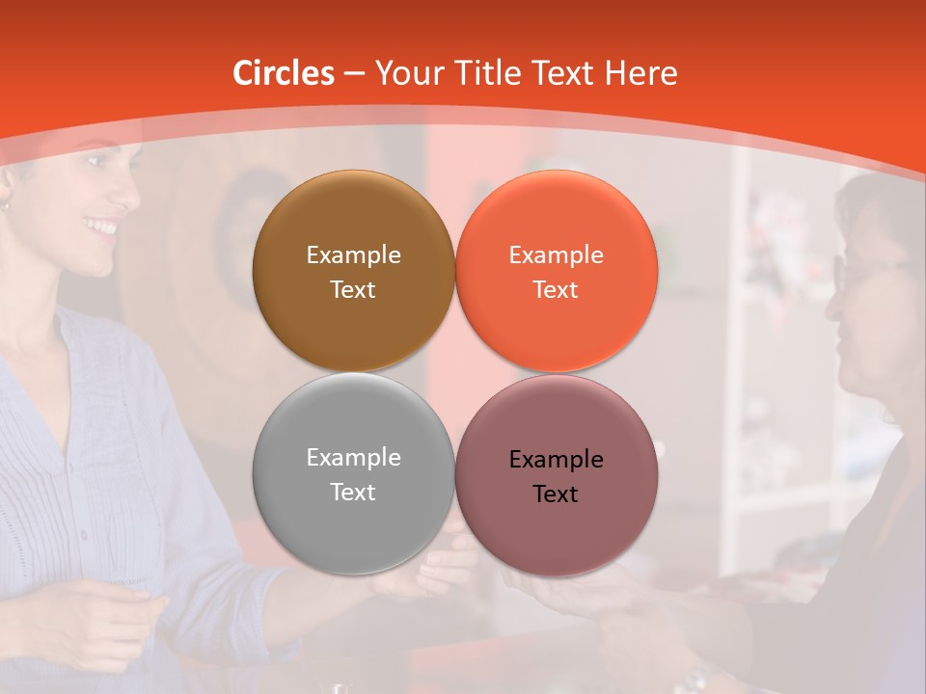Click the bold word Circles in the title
(284, 73)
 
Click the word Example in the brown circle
(353, 255)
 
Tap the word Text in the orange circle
(556, 290)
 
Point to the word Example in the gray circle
(353, 458)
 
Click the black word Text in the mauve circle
(556, 494)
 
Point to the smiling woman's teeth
(100, 228)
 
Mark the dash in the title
(354, 74)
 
